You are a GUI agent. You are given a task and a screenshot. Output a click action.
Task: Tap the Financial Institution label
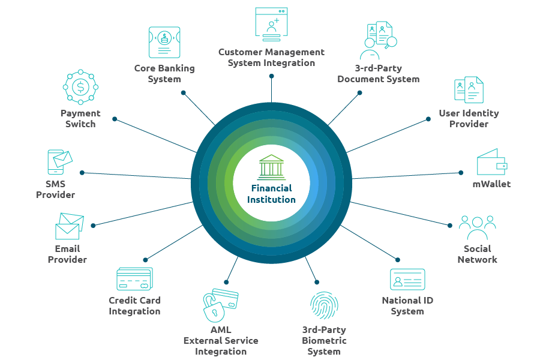pos(271,194)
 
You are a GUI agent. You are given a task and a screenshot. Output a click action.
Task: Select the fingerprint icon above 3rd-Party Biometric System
pos(324,305)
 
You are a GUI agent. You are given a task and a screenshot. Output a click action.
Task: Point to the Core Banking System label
pos(164,74)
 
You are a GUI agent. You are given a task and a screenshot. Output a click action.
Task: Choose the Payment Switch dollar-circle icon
pos(80,88)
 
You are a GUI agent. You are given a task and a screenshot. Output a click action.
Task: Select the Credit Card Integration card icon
pos(134,279)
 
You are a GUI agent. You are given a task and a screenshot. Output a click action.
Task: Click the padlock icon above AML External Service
pos(214,306)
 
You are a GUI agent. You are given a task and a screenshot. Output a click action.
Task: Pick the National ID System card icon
pos(407,279)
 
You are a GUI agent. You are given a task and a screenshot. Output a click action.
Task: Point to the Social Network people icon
pos(477,228)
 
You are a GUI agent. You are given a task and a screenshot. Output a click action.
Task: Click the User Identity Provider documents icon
pos(469,90)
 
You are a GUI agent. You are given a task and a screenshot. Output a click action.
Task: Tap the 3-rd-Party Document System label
pos(378,74)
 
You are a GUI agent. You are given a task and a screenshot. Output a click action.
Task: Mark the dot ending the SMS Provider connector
pos(82,173)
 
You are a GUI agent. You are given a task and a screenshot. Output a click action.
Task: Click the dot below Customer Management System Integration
pos(271,76)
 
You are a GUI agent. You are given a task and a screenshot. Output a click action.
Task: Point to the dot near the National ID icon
pos(397,259)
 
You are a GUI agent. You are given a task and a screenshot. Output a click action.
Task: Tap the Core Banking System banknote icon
pos(164,42)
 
